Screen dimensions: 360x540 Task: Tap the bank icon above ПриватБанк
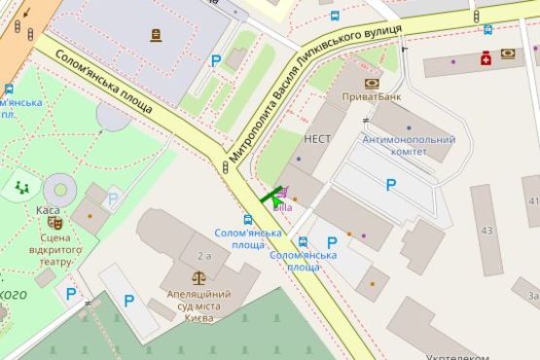click(x=371, y=84)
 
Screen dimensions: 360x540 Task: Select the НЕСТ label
click(x=317, y=139)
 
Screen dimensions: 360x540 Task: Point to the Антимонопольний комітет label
click(x=408, y=146)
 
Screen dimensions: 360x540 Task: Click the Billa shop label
click(x=283, y=207)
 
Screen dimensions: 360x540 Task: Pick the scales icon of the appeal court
click(x=198, y=275)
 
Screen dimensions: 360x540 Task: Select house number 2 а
click(x=204, y=255)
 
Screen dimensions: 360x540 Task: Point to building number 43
click(x=486, y=231)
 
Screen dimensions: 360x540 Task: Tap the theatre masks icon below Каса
click(x=54, y=223)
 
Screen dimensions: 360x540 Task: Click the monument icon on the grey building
click(x=157, y=35)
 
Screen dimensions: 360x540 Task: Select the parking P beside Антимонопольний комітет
click(x=391, y=185)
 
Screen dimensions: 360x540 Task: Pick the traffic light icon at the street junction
click(x=226, y=167)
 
